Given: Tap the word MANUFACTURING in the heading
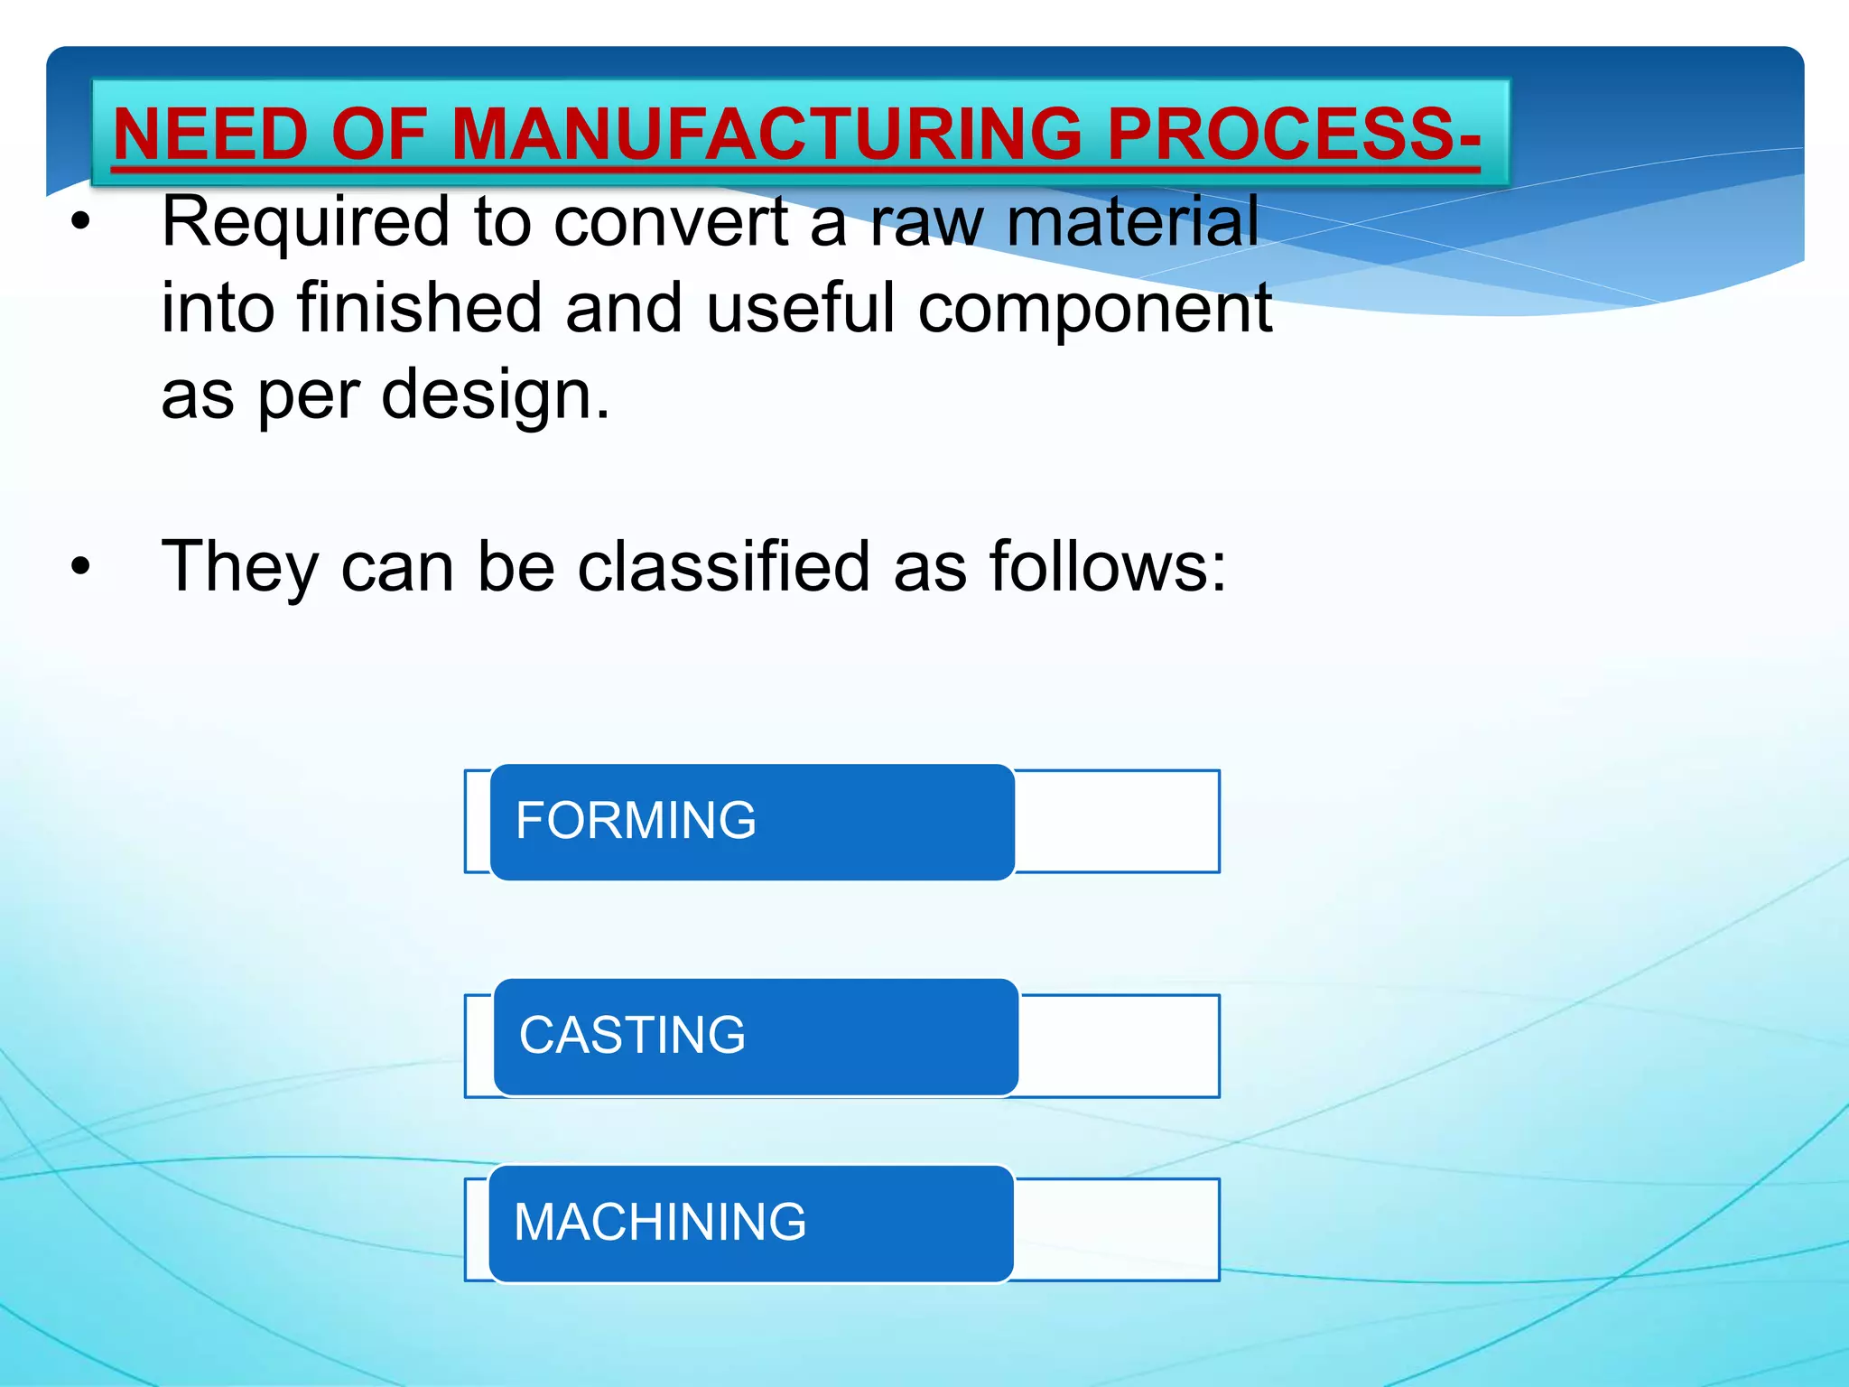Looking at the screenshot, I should coord(767,134).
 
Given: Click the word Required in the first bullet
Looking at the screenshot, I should coord(305,222).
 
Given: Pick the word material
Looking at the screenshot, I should coord(1133,222).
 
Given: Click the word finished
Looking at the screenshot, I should coord(420,309).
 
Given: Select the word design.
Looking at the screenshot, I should coord(496,396).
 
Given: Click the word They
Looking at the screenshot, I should coord(240,567).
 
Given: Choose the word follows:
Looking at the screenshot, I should coord(1108,567).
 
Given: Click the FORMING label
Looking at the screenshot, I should coord(636,821).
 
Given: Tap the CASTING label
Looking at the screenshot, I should coord(632,1036).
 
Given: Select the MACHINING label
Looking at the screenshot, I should coord(660,1223).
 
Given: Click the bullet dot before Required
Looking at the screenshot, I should coord(81,223).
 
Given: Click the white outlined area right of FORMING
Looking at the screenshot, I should coord(1117,822).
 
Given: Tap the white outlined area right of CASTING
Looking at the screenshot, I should coord(1120,1046).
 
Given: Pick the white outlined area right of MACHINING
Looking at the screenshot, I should coord(1117,1229).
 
